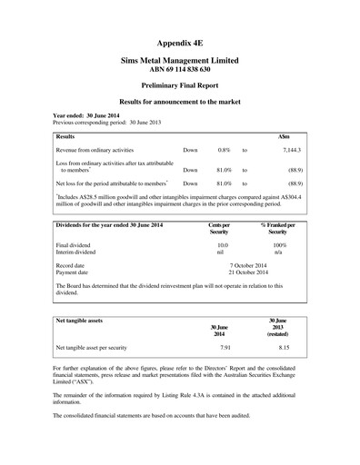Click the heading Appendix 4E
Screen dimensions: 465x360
[x=179, y=43]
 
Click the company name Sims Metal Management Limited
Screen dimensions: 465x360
[x=179, y=60]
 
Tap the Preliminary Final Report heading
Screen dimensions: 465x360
[x=179, y=87]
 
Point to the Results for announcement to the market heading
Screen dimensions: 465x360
[x=179, y=104]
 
